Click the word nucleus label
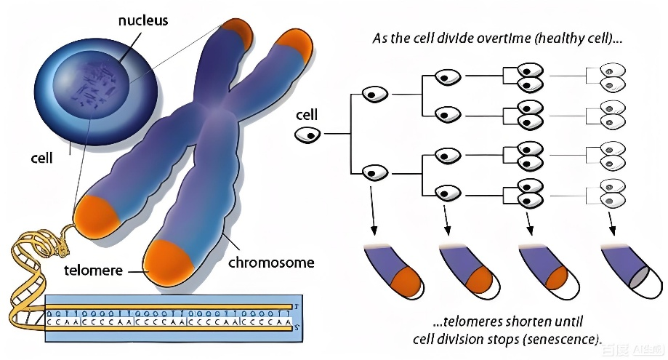point(142,20)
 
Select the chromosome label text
point(271,262)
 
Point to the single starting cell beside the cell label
point(308,134)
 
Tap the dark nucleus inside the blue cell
point(94,87)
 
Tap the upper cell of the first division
point(376,94)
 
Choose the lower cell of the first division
point(376,173)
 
